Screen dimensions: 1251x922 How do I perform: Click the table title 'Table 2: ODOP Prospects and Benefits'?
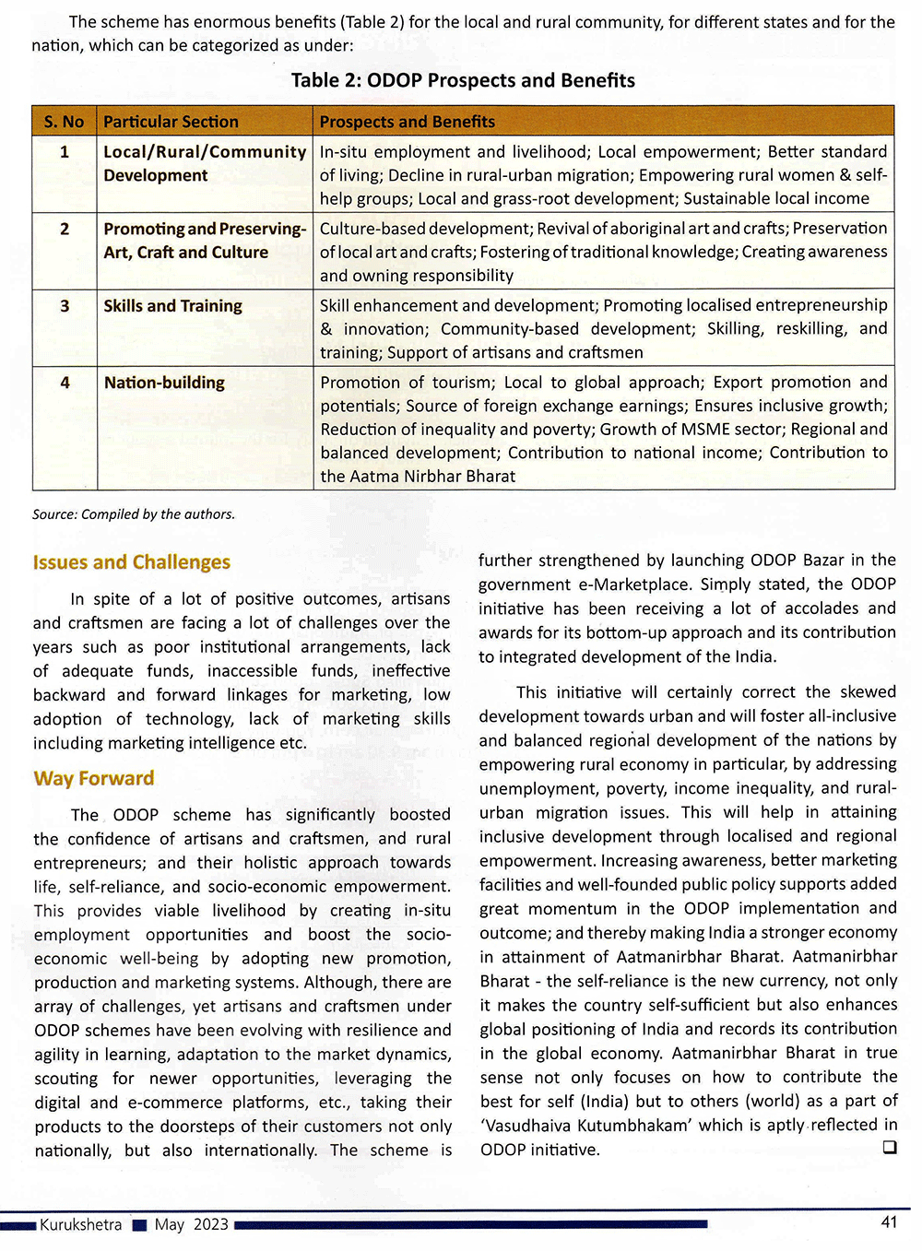(x=463, y=80)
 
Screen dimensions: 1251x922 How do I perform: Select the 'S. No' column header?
(x=64, y=122)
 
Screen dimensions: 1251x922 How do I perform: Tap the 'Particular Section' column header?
(x=171, y=122)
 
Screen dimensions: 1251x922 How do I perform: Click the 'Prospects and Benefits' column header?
(x=407, y=122)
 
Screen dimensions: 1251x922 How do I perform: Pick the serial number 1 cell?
(x=65, y=152)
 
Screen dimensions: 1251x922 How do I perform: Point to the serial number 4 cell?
(x=65, y=383)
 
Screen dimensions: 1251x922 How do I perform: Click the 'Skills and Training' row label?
(x=172, y=306)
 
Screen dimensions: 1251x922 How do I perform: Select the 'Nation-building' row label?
(x=164, y=383)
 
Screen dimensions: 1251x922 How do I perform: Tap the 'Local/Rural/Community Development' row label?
(x=204, y=163)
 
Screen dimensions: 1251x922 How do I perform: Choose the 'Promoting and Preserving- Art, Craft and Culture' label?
(x=204, y=241)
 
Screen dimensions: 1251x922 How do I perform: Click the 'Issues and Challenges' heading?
(x=131, y=562)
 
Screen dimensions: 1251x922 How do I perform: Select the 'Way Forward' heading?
(x=93, y=778)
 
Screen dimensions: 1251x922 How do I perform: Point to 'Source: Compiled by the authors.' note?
(x=134, y=514)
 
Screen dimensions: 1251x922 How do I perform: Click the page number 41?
(x=889, y=1222)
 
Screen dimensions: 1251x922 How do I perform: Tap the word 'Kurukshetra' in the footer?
(x=80, y=1224)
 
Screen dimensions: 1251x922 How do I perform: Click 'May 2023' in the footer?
(x=191, y=1224)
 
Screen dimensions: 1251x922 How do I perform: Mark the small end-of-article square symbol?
(x=889, y=1148)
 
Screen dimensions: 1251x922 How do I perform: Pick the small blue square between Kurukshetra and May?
(x=139, y=1225)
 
